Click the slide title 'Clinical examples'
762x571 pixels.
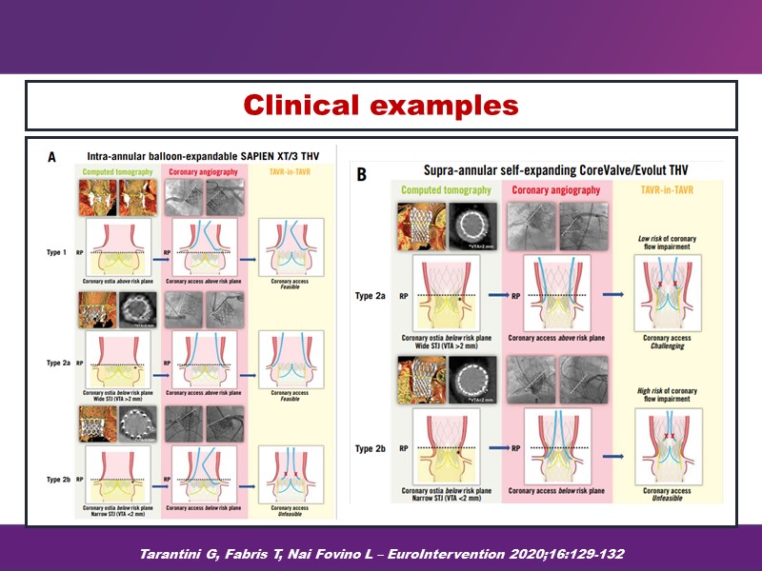[380, 105]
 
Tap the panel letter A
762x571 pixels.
[52, 159]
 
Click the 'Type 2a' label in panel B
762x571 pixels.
[372, 296]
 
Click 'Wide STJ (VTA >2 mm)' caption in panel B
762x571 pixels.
[446, 346]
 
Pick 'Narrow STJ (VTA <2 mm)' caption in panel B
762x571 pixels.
[446, 499]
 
